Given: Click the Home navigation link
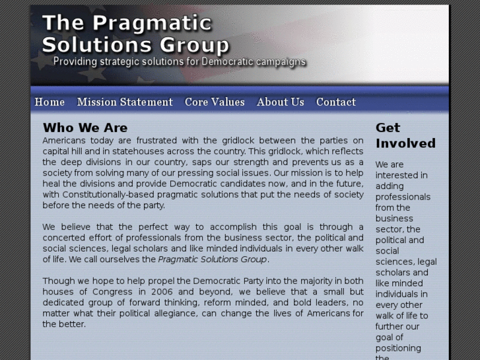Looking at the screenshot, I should tap(50, 102).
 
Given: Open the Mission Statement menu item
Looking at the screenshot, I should tap(125, 102).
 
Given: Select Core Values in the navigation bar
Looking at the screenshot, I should tap(215, 102).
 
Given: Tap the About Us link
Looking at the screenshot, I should tap(281, 102).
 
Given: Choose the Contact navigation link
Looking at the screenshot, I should tap(336, 102).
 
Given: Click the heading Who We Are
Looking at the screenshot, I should tap(85, 127).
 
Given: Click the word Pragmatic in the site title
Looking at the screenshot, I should tap(152, 23).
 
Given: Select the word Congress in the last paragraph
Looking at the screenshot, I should tap(114, 291).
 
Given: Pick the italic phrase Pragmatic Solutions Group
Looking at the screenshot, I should tap(213, 259).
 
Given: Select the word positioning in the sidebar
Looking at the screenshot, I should tap(398, 348).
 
